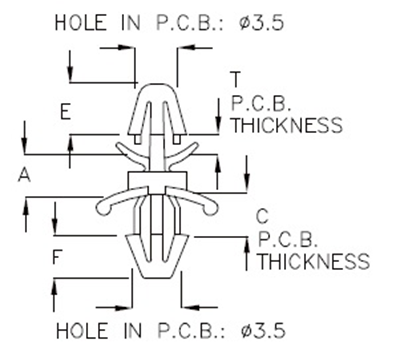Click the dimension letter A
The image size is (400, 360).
coord(23,176)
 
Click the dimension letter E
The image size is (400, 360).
coord(65,113)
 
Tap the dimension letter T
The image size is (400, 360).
coord(234,79)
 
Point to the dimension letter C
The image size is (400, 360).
coord(262,216)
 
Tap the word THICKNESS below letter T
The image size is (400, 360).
coord(286,125)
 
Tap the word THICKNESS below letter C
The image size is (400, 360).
coord(313,262)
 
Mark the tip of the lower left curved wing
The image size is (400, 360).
coord(102,210)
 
